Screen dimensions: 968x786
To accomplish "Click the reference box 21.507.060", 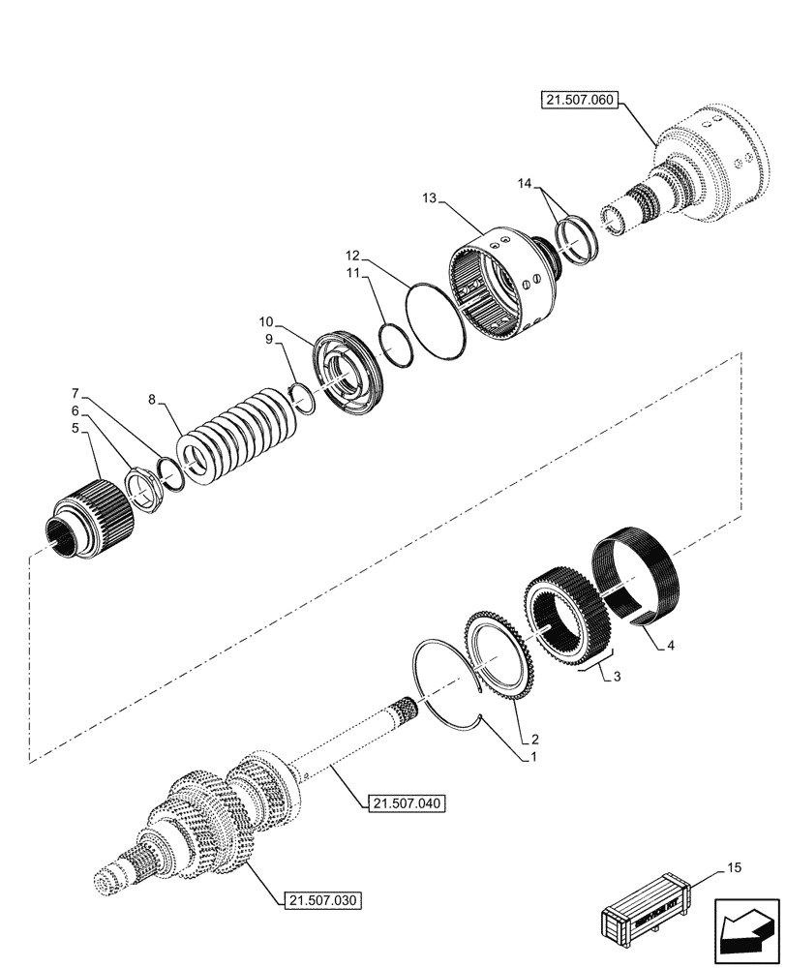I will click(580, 101).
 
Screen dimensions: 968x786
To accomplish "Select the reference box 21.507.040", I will click(406, 802).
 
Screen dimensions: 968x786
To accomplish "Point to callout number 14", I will click(524, 183).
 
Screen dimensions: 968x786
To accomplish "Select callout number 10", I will click(265, 320).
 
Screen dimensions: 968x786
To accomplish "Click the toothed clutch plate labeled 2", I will click(499, 649).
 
